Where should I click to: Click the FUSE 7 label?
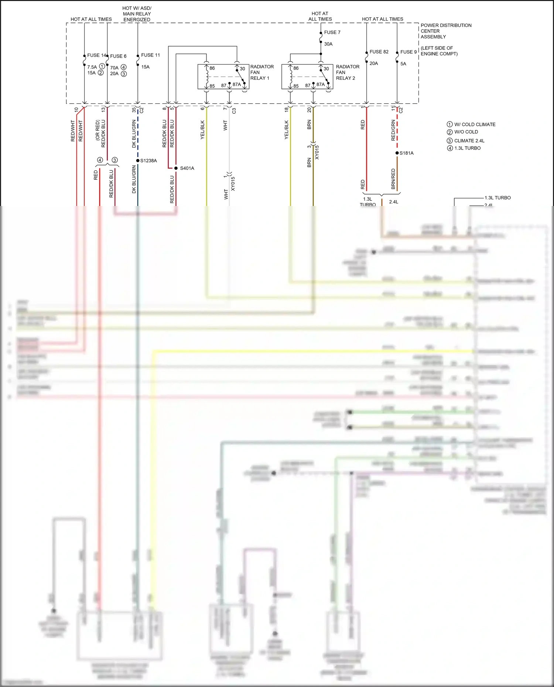(x=332, y=32)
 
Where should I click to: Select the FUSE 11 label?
(x=150, y=55)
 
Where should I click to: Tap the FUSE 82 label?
(x=379, y=52)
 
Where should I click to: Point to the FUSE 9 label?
(x=408, y=52)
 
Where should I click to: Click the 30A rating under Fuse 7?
(x=328, y=44)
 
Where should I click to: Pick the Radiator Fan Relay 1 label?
(x=262, y=72)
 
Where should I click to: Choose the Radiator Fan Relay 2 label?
(x=348, y=72)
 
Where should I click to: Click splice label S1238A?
(x=148, y=161)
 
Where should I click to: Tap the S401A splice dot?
(x=176, y=168)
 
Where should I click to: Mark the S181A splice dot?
(x=397, y=153)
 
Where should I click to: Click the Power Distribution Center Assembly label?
(x=446, y=31)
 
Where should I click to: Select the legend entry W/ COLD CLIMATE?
(x=475, y=124)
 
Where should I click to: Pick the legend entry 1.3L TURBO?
(x=467, y=148)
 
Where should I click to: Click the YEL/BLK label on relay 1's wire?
(x=202, y=130)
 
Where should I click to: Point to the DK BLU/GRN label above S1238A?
(x=134, y=134)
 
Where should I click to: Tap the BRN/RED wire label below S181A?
(x=393, y=179)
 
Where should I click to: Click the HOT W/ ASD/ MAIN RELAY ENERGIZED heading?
(x=137, y=14)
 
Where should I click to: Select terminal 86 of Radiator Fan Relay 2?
(x=296, y=68)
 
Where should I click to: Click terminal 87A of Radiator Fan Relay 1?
(x=237, y=85)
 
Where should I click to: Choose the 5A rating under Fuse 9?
(x=403, y=64)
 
